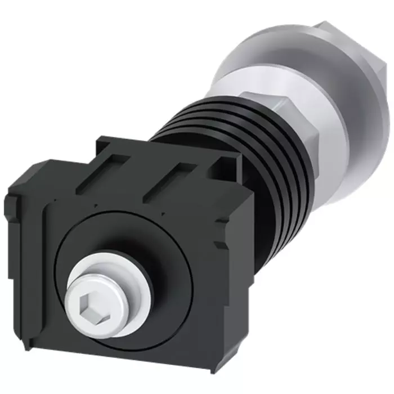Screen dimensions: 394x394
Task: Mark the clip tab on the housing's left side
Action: click(14, 208)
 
